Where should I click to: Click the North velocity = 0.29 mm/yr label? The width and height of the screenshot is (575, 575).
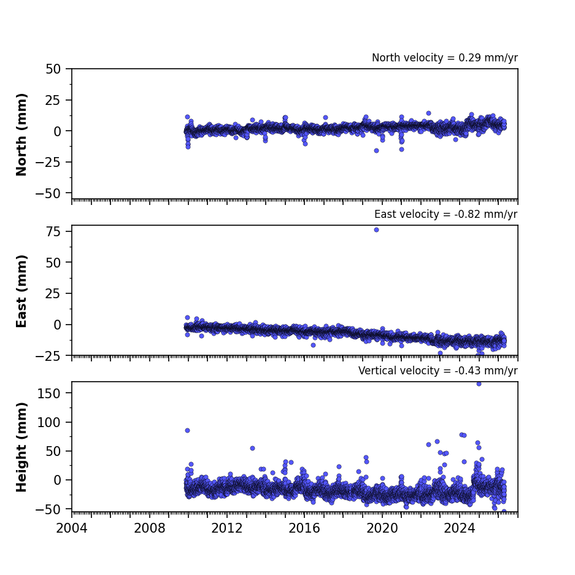click(x=445, y=58)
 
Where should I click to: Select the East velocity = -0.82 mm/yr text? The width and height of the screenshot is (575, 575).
click(x=446, y=214)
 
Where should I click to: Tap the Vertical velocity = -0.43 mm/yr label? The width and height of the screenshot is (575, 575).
click(x=438, y=371)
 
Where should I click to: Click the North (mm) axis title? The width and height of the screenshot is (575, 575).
click(x=21, y=134)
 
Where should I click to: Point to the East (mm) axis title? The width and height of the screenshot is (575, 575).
click(x=21, y=291)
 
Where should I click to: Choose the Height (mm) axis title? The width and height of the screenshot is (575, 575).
click(x=21, y=447)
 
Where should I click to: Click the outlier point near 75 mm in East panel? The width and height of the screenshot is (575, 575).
click(x=376, y=230)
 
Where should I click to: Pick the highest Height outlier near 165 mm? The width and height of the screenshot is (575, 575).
click(x=479, y=384)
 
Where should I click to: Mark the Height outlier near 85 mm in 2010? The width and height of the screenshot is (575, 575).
click(x=187, y=431)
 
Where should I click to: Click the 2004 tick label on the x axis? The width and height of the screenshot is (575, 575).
click(x=72, y=528)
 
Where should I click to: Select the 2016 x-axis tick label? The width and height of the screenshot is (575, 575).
click(x=304, y=528)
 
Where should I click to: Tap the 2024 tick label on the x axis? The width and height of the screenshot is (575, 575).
click(x=460, y=528)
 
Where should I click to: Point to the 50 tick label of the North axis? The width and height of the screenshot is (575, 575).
click(x=53, y=69)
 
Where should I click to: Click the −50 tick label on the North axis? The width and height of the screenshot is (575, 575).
click(x=48, y=193)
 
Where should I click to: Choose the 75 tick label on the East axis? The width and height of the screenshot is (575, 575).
click(x=53, y=231)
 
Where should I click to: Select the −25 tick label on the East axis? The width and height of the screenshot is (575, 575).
click(x=48, y=356)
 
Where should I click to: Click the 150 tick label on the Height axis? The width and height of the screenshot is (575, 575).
click(x=48, y=393)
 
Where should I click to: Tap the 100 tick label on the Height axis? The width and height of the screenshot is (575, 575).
click(x=48, y=422)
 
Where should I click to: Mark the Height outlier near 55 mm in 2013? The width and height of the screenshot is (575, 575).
click(x=252, y=448)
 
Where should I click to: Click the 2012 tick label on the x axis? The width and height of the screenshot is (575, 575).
click(x=227, y=528)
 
